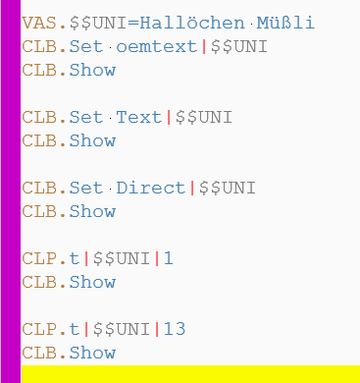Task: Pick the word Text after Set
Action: [x=139, y=117]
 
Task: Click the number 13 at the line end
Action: [x=174, y=329]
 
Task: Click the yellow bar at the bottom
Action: [x=186, y=373]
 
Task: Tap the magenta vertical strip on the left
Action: [x=10, y=187]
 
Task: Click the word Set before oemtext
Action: [x=84, y=46]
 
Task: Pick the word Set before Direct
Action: [x=84, y=188]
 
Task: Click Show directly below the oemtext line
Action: [x=91, y=70]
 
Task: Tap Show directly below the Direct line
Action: [x=91, y=211]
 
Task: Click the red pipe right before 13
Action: [x=157, y=329]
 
